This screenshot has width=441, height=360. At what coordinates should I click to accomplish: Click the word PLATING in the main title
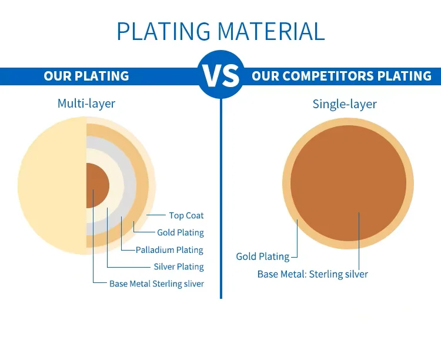(x=163, y=31)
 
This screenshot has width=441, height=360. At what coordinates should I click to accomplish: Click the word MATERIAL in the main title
(x=272, y=31)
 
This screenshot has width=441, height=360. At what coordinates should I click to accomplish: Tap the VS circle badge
(x=220, y=75)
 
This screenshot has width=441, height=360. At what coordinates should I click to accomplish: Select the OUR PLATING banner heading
(x=86, y=76)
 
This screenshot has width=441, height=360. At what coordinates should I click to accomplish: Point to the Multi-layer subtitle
(x=86, y=104)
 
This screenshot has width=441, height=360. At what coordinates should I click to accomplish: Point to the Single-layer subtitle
(x=345, y=104)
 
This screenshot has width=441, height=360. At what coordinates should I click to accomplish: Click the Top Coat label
(x=186, y=216)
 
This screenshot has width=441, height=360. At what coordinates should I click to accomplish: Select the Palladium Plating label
(x=169, y=250)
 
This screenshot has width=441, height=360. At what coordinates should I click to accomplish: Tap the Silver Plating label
(x=179, y=267)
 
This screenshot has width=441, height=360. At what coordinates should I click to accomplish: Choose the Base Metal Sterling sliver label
(x=156, y=284)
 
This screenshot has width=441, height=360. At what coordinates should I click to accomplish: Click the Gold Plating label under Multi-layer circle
(x=181, y=233)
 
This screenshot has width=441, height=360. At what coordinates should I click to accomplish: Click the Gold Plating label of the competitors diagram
(x=263, y=256)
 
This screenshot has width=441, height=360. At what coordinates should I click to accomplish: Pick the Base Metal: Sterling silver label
(x=313, y=274)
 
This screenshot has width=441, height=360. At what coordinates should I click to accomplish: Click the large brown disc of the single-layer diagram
(x=348, y=184)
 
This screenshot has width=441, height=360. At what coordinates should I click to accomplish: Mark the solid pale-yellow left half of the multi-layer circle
(x=52, y=186)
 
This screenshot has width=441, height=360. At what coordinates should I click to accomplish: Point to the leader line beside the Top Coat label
(x=156, y=215)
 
